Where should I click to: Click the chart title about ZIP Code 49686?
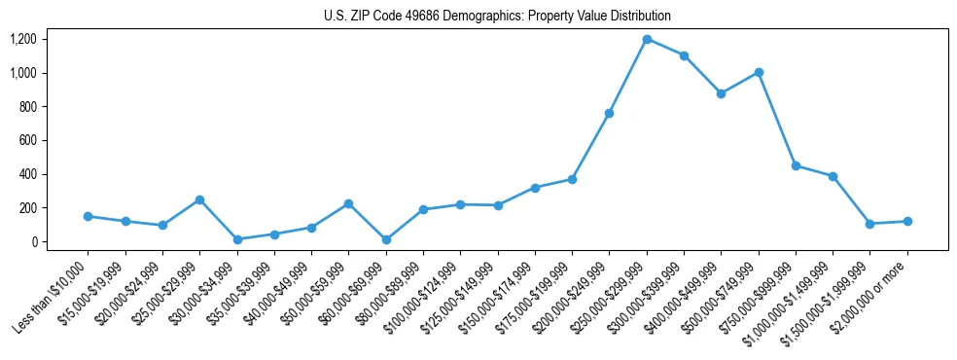tap(497, 17)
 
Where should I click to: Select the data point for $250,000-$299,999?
tap(647, 39)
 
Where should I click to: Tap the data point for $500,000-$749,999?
tap(759, 72)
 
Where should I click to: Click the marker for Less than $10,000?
tap(88, 216)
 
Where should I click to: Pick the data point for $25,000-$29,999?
tap(199, 199)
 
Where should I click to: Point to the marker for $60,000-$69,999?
tap(386, 239)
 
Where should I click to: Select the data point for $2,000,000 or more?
tap(907, 221)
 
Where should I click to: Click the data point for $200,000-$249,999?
tap(609, 113)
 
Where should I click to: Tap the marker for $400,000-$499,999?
tap(721, 93)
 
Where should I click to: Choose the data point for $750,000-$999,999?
tap(796, 165)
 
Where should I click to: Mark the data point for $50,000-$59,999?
tap(348, 203)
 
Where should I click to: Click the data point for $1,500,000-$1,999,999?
tap(870, 224)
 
